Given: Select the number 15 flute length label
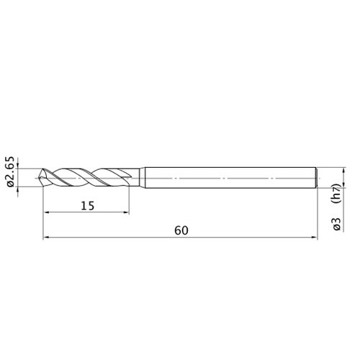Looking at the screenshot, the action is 88,206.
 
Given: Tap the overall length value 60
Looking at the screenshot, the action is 181,230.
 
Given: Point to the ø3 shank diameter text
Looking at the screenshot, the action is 337,224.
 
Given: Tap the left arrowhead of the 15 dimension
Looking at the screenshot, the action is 46,212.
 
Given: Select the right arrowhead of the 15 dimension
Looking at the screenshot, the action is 126,212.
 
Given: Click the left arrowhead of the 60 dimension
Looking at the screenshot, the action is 46,238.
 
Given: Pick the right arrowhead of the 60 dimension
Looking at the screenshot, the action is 315,238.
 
